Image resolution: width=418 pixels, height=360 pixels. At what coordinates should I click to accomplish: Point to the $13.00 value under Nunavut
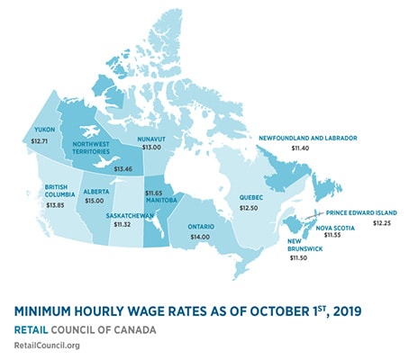(150, 148)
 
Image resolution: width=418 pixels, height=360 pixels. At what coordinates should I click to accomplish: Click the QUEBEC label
(251, 195)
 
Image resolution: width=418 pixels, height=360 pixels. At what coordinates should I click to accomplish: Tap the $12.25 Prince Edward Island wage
(383, 223)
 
